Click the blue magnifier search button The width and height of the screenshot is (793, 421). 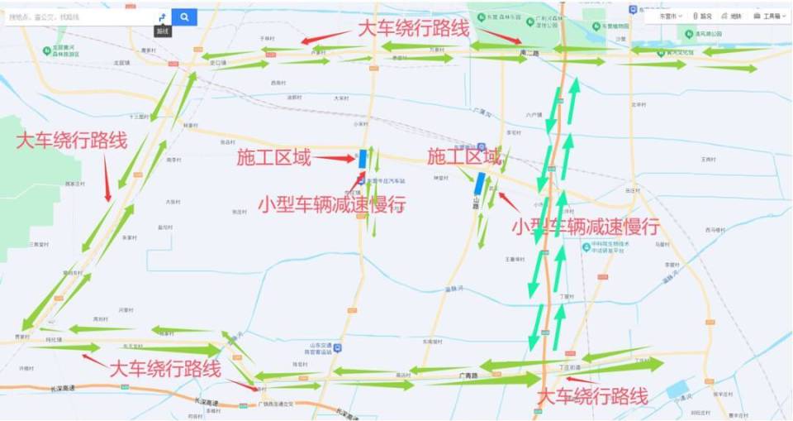[x=184, y=17]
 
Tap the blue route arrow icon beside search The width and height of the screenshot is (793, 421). [x=162, y=17]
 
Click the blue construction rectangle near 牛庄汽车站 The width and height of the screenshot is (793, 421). [x=363, y=158]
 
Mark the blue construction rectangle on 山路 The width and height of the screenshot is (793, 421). [x=479, y=183]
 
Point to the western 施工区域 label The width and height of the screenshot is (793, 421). [x=273, y=157]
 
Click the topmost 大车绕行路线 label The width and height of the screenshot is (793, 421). [x=413, y=28]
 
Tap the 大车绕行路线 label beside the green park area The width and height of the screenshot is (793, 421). [x=72, y=140]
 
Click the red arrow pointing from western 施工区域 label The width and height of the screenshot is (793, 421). [x=334, y=158]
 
